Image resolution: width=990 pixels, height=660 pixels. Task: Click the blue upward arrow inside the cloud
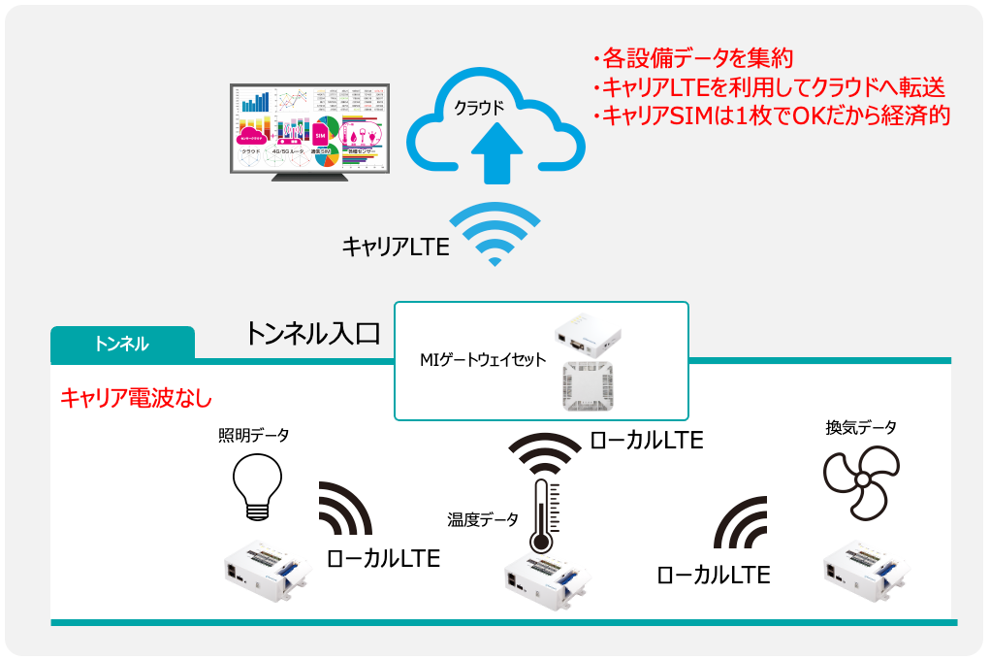(x=496, y=154)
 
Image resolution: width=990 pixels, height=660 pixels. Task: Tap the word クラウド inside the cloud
(x=480, y=108)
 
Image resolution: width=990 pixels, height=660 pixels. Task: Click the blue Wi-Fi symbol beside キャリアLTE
(x=495, y=234)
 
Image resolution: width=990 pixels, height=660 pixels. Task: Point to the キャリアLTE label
(x=395, y=247)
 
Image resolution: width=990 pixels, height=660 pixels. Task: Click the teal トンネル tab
(x=122, y=344)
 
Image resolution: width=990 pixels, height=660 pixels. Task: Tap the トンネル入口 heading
(x=312, y=335)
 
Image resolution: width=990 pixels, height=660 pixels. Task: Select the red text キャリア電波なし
(x=136, y=397)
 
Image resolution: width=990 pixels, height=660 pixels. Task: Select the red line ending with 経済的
(x=770, y=115)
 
